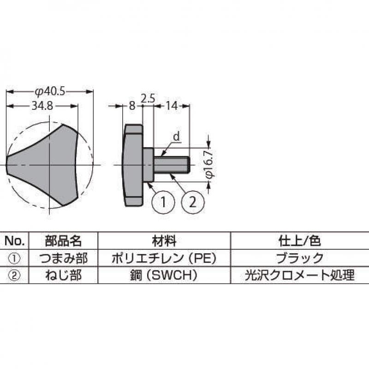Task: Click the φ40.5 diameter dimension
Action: (50, 91)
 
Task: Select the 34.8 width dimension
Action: (42, 106)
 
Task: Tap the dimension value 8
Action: (132, 106)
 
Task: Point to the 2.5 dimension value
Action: (148, 98)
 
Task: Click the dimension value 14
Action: (172, 106)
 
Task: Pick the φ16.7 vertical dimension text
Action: (209, 164)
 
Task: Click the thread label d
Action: (177, 137)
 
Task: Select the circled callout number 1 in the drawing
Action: (163, 202)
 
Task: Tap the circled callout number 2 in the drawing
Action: (193, 202)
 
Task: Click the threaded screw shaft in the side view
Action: (172, 165)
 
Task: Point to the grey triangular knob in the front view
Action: (42, 165)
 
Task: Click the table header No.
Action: (14, 241)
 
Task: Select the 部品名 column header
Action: (63, 241)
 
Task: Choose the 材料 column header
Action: (164, 241)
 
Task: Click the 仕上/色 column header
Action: (299, 241)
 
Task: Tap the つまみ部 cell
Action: (63, 258)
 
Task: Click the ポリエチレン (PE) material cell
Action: (164, 258)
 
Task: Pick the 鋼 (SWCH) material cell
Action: (164, 275)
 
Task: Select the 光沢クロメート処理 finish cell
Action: (299, 275)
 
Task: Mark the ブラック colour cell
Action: (299, 258)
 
